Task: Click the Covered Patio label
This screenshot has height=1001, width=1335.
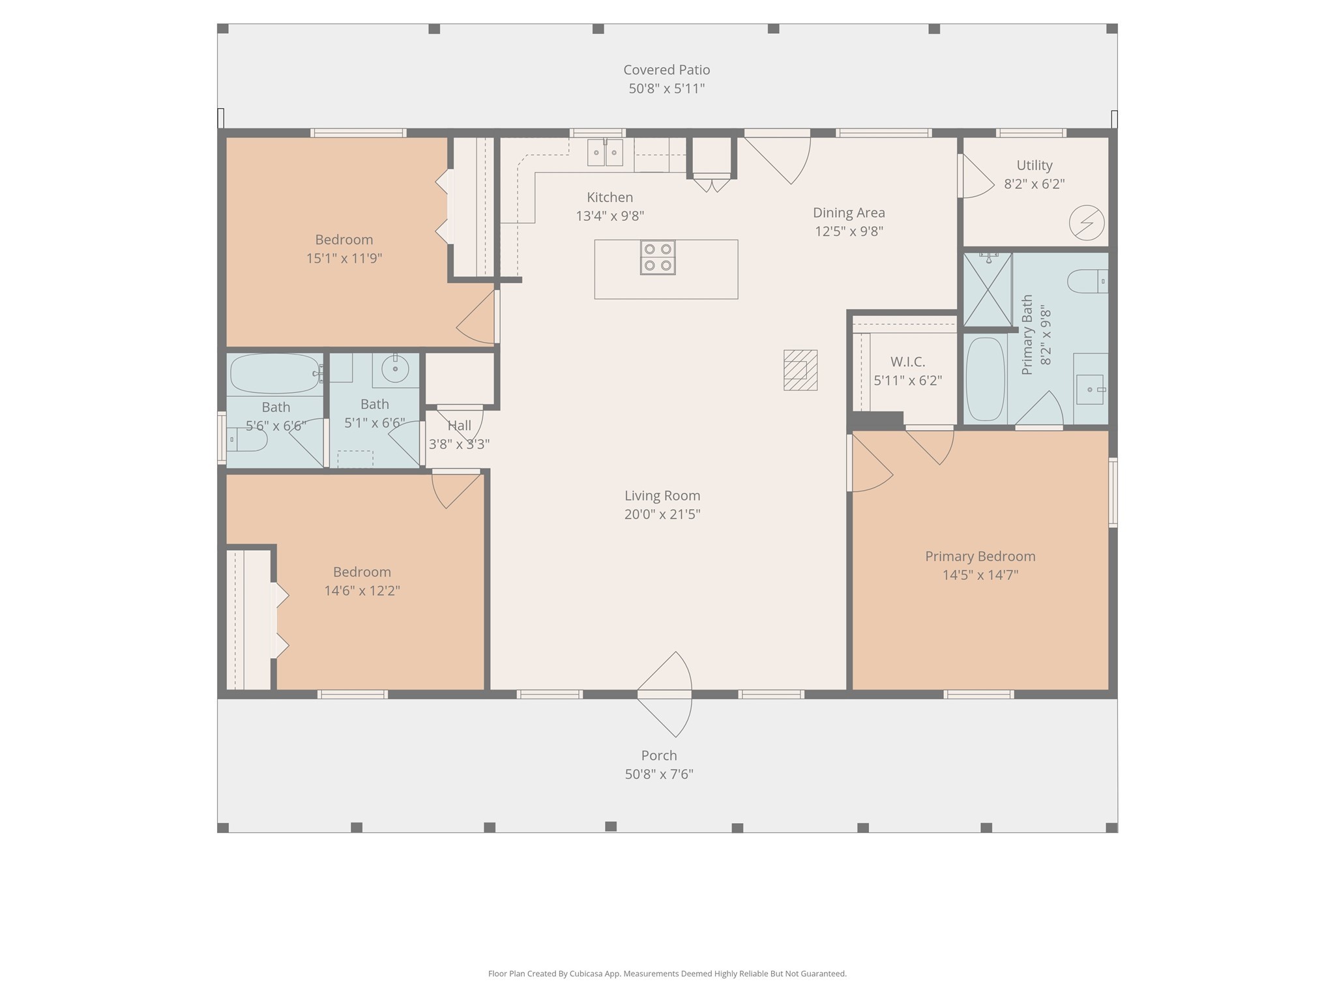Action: click(x=666, y=70)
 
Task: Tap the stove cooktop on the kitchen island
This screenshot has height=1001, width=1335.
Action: click(x=658, y=257)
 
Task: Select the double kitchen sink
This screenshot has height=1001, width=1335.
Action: click(x=605, y=153)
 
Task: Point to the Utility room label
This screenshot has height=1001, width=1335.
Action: click(x=1034, y=166)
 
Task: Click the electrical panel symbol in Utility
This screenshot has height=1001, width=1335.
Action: click(x=1087, y=223)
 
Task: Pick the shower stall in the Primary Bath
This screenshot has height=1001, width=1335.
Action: click(x=988, y=290)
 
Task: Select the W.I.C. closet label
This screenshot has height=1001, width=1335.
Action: click(x=907, y=362)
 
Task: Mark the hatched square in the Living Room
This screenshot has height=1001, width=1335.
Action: click(x=800, y=370)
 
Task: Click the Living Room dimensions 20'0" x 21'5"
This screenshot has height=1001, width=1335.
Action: click(x=662, y=514)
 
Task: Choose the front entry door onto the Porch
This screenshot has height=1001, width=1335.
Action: click(x=664, y=695)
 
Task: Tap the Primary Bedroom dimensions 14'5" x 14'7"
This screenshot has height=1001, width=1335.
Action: click(x=980, y=575)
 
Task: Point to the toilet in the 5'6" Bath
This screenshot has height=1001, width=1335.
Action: click(x=246, y=440)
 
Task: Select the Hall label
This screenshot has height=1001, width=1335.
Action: click(x=460, y=426)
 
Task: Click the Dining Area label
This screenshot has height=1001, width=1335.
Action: click(x=849, y=212)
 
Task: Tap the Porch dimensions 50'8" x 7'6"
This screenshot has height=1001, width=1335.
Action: click(x=659, y=774)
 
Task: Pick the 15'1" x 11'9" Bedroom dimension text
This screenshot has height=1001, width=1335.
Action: click(x=344, y=258)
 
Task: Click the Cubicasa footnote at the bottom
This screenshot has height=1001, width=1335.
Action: click(x=667, y=974)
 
